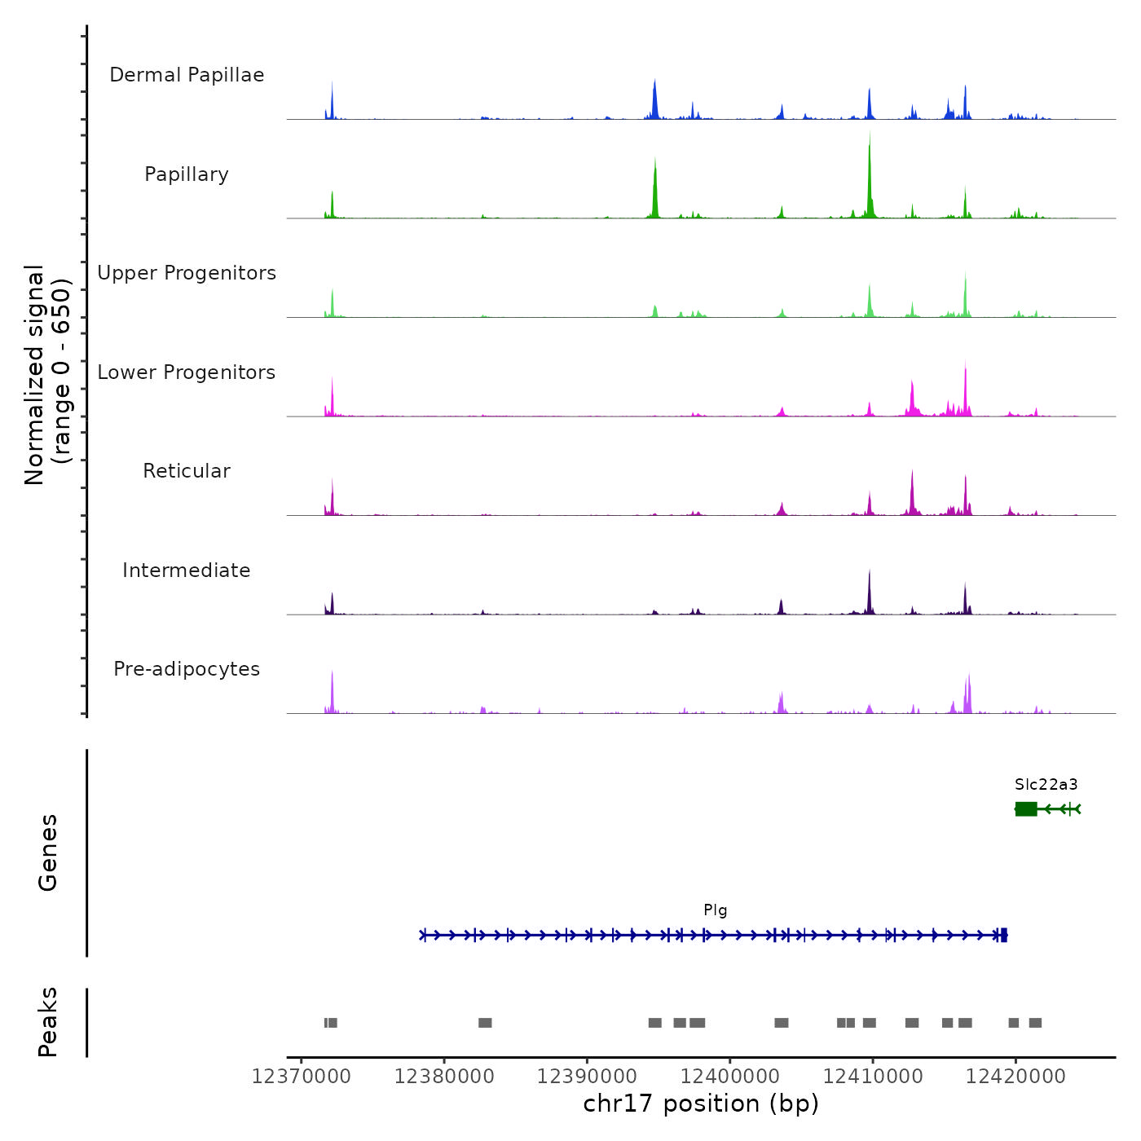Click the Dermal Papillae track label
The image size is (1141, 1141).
point(187,75)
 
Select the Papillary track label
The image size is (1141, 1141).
point(187,174)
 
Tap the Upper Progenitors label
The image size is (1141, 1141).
point(187,273)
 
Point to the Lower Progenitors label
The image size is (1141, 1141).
point(187,372)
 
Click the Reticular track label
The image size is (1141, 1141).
point(187,471)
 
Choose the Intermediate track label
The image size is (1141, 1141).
point(187,570)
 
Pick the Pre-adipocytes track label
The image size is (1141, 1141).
point(187,669)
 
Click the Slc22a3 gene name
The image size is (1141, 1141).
point(1046,785)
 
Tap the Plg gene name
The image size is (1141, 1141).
point(715,910)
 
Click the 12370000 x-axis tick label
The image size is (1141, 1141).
point(302,1077)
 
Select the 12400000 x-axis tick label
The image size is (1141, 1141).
point(730,1077)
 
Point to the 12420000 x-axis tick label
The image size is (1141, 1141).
point(1015,1077)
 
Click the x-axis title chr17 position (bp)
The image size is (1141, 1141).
point(701,1104)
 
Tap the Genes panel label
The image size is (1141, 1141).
point(48,852)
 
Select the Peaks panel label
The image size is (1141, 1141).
point(48,1022)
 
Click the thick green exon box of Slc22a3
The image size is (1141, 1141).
point(1026,808)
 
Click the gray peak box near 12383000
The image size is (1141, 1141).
point(485,1023)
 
